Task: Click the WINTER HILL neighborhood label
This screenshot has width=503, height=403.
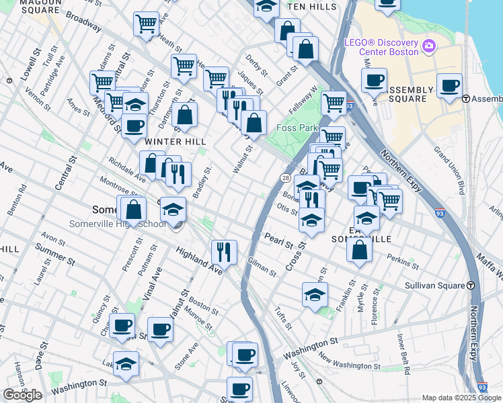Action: pyautogui.click(x=164, y=141)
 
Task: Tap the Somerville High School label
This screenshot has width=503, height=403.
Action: pyautogui.click(x=118, y=224)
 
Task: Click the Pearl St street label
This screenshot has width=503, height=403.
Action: pyautogui.click(x=276, y=238)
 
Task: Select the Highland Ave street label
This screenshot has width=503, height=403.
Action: pyautogui.click(x=199, y=261)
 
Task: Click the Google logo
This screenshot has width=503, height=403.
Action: pyautogui.click(x=22, y=395)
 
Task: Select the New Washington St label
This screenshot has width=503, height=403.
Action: pyautogui.click(x=349, y=361)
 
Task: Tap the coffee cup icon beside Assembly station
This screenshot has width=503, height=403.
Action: pyautogui.click(x=449, y=85)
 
